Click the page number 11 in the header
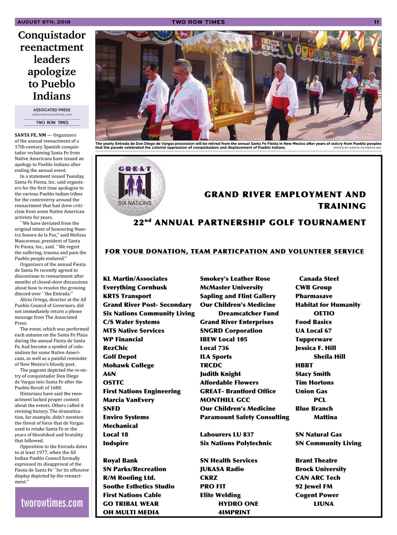376,22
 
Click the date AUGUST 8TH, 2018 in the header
44,22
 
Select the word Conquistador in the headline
52,35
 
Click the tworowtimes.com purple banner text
52,503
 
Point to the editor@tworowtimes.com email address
52,115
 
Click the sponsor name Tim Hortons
314,383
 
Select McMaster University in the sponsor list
231,287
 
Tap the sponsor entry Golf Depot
119,356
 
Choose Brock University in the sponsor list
321,469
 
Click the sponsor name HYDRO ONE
238,504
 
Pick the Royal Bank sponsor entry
120,460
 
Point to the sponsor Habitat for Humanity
328,305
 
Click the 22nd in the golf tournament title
142,222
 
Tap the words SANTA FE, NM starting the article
30,135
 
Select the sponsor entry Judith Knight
220,374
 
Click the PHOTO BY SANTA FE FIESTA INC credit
357,148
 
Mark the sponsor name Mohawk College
128,365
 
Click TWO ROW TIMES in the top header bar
198,22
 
